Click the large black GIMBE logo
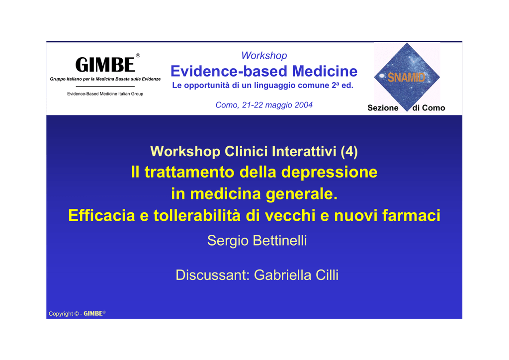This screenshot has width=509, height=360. (x=105, y=64)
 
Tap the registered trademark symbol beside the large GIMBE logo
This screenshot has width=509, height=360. (x=138, y=55)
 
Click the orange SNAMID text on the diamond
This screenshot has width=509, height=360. (x=406, y=77)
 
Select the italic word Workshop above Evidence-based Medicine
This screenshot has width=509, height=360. (x=264, y=56)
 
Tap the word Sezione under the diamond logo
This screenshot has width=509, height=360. (x=383, y=108)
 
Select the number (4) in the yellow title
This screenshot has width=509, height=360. (x=349, y=151)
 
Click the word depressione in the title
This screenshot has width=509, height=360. (x=329, y=173)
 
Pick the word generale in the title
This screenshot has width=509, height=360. (x=302, y=194)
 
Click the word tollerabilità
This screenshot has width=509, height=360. (x=197, y=215)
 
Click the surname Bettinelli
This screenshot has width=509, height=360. (x=280, y=241)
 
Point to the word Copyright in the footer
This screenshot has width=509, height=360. (x=61, y=314)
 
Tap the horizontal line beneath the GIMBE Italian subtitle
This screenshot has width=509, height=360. (x=105, y=87)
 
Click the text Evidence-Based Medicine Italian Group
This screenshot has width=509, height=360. (x=105, y=94)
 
